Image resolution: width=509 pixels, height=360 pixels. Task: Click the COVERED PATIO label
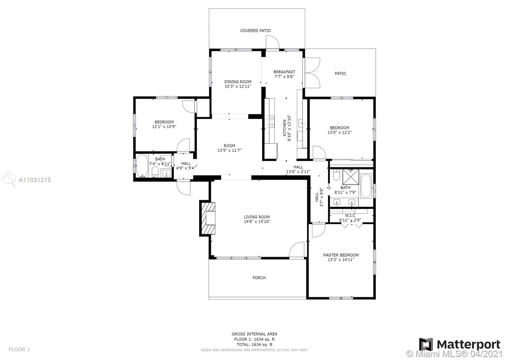tap(255, 31)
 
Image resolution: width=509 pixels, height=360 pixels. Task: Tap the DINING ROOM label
tap(238, 81)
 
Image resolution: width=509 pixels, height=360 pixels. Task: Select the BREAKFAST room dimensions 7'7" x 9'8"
tap(284, 77)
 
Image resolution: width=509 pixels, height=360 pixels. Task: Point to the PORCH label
tap(259, 278)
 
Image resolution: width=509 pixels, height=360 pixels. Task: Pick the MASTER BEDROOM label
tap(341, 255)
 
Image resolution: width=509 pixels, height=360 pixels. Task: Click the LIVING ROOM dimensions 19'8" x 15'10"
tap(257, 222)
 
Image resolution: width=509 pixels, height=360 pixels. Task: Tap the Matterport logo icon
tap(426, 344)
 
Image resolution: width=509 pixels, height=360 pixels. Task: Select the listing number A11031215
tap(35, 180)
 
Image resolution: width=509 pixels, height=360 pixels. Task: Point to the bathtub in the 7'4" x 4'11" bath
tap(142, 166)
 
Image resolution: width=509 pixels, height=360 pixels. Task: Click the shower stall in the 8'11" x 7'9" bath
tap(351, 177)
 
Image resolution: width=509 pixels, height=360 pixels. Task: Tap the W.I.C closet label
tap(350, 215)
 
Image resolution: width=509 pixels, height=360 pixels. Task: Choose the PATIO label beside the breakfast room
tap(340, 74)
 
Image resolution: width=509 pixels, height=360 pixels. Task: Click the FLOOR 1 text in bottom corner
tap(19, 349)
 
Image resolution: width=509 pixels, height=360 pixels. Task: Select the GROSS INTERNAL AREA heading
tap(254, 334)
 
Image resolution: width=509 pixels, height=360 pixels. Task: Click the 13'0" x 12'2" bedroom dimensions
tap(339, 132)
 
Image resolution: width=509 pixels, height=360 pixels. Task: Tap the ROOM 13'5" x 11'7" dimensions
tap(229, 150)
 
